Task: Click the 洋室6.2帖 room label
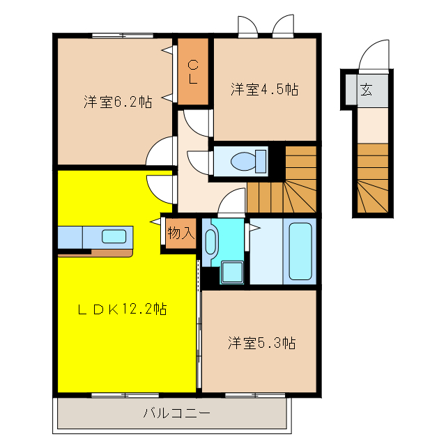(118, 102)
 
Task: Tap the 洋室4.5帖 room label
(265, 89)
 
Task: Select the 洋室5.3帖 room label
(261, 343)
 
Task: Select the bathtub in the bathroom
(300, 251)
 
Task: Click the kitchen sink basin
(114, 236)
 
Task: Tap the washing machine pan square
(232, 273)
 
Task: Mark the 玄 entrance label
(365, 89)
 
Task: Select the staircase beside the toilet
(286, 181)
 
